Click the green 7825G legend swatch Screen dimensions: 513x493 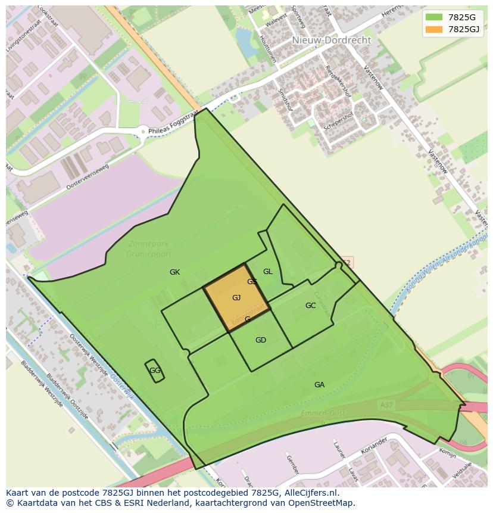(434, 17)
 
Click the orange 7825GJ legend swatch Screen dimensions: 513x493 (434, 29)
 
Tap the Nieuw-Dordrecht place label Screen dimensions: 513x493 (331, 41)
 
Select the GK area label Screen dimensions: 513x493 (174, 272)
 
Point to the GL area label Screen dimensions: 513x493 (268, 272)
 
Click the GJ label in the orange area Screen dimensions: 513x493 (236, 298)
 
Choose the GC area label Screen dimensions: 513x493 (310, 306)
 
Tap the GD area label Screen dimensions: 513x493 (260, 340)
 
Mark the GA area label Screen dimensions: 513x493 (319, 385)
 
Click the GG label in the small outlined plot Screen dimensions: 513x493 (155, 371)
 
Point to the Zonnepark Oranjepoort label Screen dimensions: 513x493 (141, 248)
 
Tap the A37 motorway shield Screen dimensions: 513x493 (386, 405)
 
